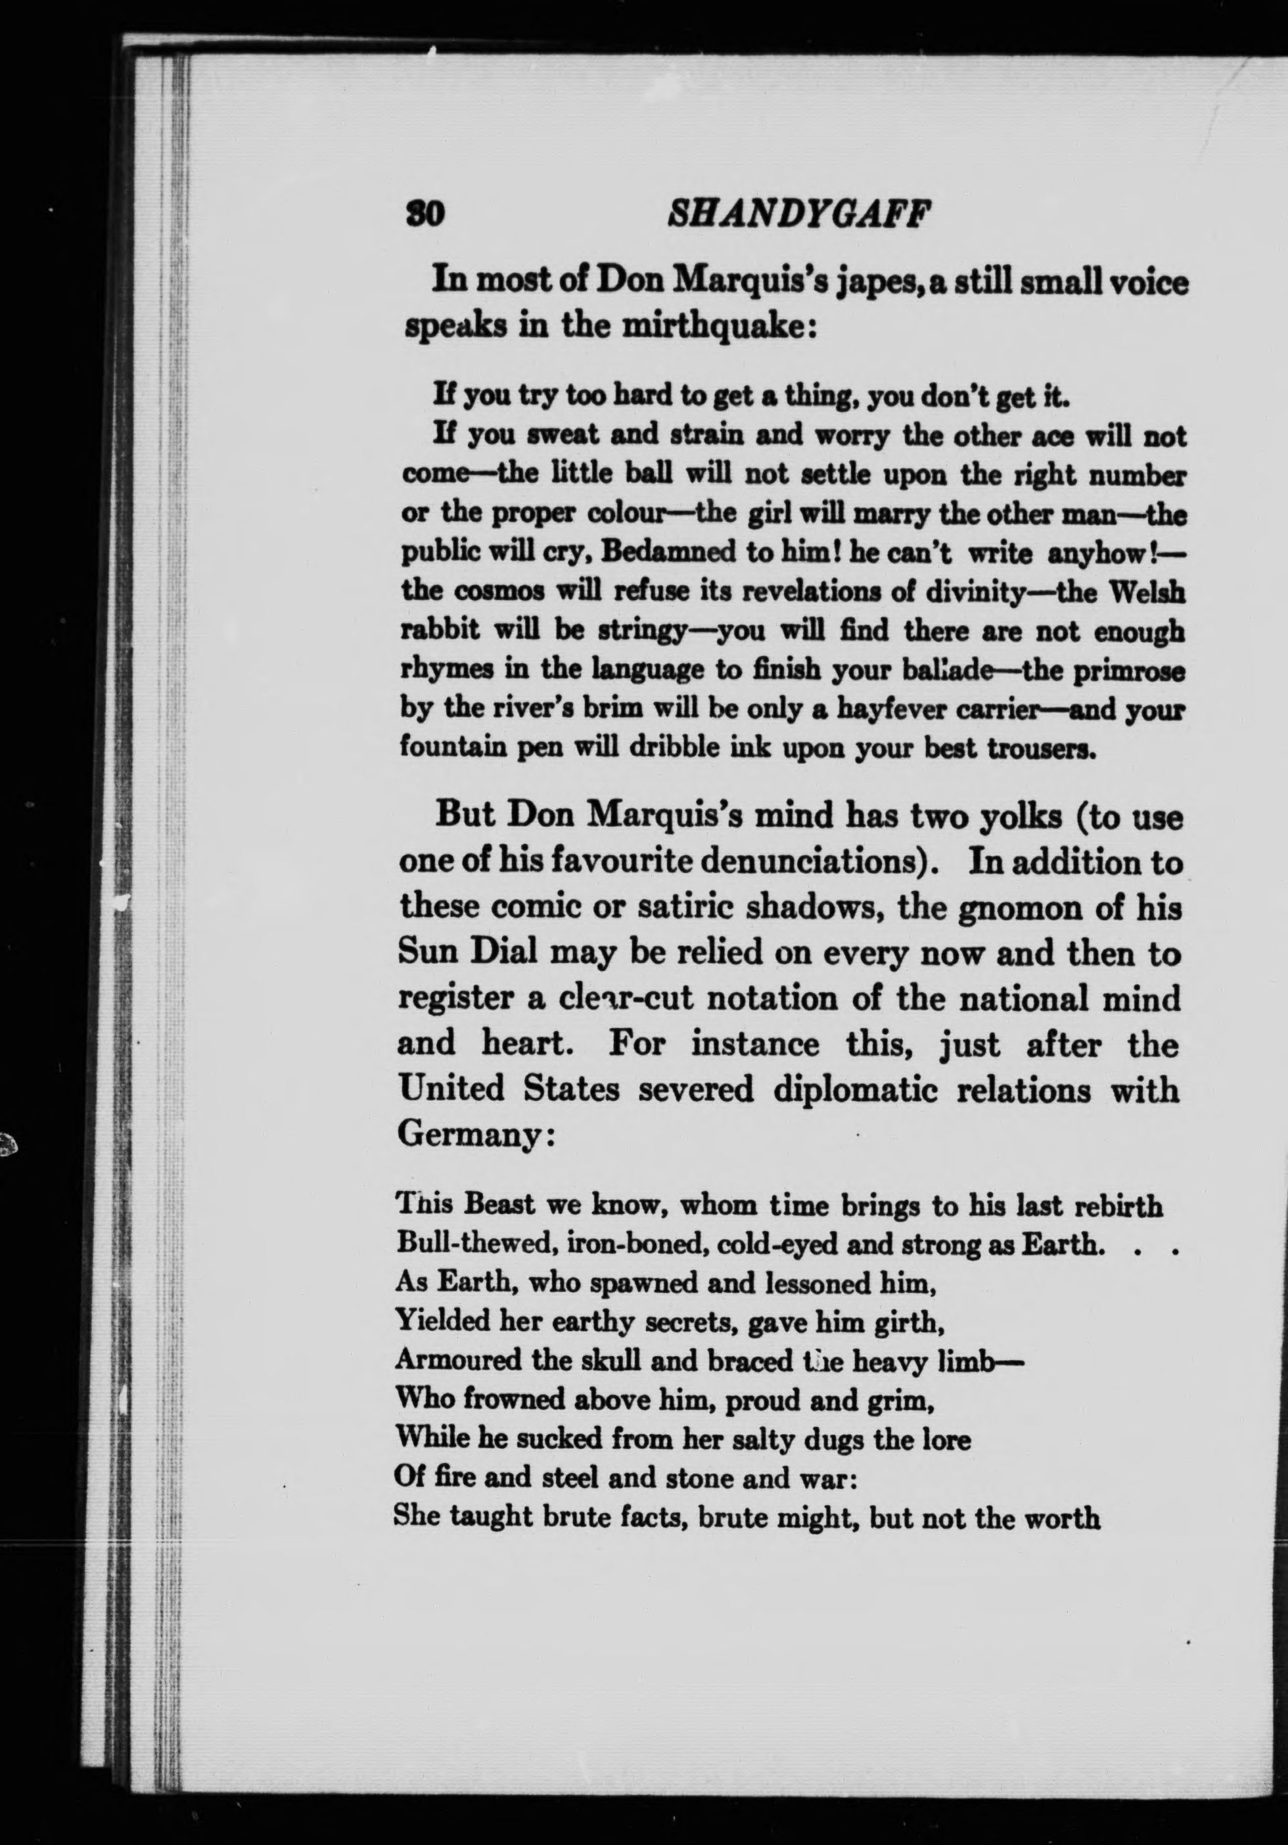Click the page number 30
425,216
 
